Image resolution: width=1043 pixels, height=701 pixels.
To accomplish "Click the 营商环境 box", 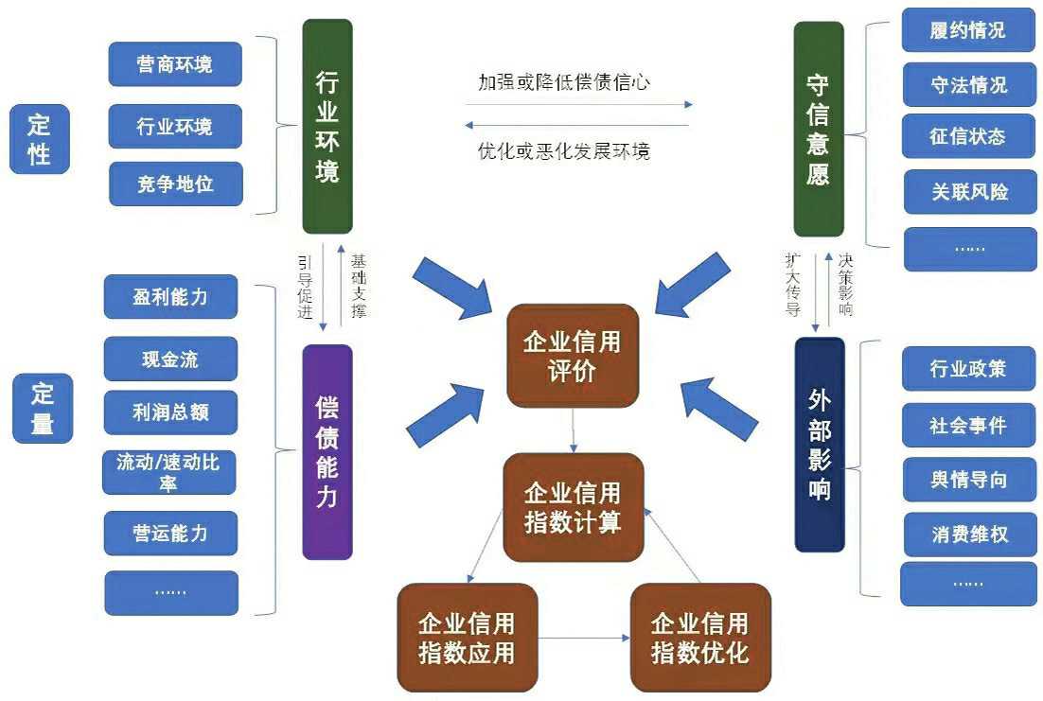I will click(x=175, y=64).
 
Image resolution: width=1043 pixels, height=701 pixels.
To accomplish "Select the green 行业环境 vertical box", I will click(x=327, y=126).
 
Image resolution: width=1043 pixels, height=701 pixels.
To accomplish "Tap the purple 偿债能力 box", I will click(x=327, y=451).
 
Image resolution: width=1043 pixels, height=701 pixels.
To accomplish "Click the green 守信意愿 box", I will click(x=818, y=129).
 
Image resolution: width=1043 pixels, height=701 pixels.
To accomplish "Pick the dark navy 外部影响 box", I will click(x=819, y=444).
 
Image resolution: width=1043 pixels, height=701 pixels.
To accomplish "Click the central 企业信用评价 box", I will click(x=572, y=356).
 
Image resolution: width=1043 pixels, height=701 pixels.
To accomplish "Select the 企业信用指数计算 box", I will click(x=573, y=507).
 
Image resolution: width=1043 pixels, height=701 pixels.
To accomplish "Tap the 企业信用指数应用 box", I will click(x=467, y=637).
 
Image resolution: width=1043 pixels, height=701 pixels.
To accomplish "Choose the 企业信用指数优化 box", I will click(x=700, y=637).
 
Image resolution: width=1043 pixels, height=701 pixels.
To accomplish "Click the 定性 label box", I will click(x=40, y=138).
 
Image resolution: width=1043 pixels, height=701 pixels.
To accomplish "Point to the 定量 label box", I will click(x=42, y=408).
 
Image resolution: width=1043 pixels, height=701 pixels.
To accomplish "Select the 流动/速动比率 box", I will click(x=168, y=472).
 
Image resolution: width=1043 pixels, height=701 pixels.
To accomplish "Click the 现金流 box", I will click(x=170, y=359).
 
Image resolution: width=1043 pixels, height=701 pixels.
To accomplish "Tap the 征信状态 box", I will click(x=967, y=136).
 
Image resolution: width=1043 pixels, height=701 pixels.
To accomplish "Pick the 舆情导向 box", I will click(x=968, y=480).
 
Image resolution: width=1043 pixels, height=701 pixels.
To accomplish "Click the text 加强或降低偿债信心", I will click(x=564, y=82).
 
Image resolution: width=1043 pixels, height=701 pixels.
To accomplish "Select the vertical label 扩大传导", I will click(x=792, y=284).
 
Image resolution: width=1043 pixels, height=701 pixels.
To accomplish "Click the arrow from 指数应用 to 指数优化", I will click(x=584, y=639).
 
